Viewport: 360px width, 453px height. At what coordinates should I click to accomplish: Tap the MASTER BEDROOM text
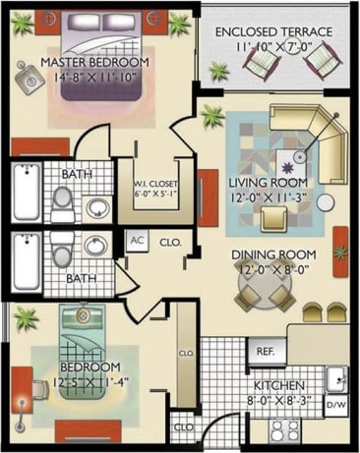(94, 62)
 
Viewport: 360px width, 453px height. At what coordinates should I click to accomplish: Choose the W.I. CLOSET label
(154, 183)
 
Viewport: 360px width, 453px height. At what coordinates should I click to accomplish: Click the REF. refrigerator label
(265, 351)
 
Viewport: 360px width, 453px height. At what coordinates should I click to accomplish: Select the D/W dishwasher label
(335, 403)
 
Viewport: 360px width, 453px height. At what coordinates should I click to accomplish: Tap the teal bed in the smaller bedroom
(77, 339)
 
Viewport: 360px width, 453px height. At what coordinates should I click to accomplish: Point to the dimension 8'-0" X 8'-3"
(279, 400)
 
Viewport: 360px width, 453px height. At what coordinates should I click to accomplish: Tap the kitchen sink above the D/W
(336, 377)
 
